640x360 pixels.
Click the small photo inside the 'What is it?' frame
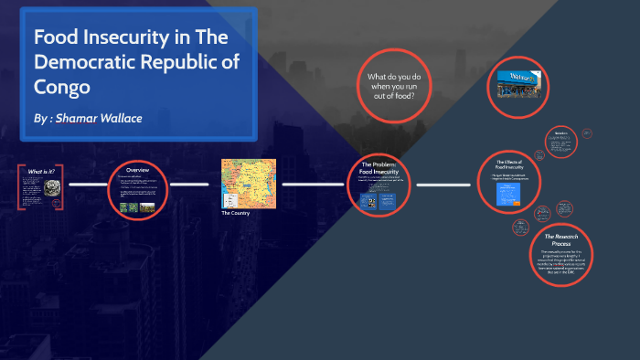point(53,187)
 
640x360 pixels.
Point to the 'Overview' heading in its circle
point(137,171)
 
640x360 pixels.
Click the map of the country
point(248,183)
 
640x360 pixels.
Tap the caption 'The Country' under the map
point(235,213)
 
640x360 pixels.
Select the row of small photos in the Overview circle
point(138,206)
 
